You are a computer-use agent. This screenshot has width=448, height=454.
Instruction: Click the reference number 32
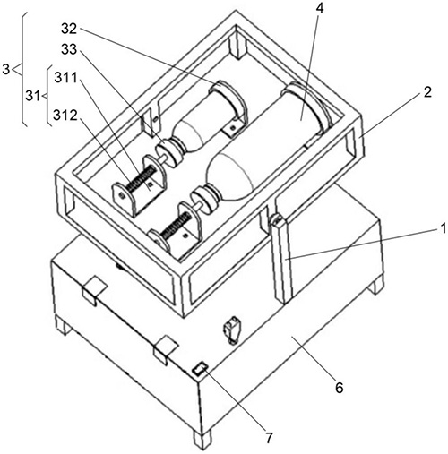pyautogui.click(x=69, y=29)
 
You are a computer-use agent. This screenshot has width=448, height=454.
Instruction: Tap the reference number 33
pyautogui.click(x=69, y=49)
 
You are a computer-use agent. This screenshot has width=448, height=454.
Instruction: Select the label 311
pyautogui.click(x=66, y=78)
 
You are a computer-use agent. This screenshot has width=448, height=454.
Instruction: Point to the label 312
pyautogui.click(x=65, y=116)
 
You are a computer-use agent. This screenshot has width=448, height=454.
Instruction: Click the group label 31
pyautogui.click(x=33, y=96)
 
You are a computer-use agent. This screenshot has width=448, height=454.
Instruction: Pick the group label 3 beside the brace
pyautogui.click(x=6, y=70)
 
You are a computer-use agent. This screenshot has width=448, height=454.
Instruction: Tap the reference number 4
pyautogui.click(x=319, y=9)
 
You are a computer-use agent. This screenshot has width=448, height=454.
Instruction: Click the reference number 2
pyautogui.click(x=428, y=93)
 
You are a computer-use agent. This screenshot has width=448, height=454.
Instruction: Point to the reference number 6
pyautogui.click(x=340, y=388)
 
